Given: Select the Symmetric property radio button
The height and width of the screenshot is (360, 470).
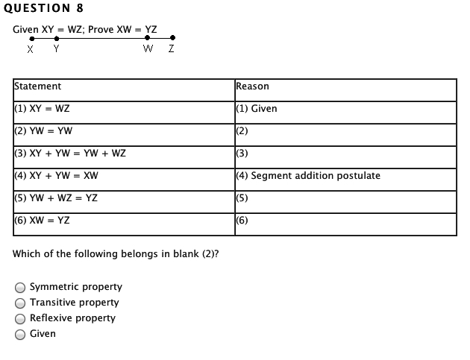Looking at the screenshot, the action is tap(20, 288).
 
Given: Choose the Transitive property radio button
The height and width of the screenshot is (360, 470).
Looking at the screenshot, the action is tap(20, 303).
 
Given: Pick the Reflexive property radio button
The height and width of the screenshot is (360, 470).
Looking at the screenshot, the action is tap(20, 319).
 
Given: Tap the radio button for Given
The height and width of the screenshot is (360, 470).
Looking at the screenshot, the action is tap(20, 334).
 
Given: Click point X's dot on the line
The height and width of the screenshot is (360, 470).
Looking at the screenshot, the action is tap(32, 39).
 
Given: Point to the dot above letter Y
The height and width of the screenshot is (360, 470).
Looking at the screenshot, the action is tap(57, 38).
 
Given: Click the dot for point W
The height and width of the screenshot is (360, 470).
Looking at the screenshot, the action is tap(147, 38).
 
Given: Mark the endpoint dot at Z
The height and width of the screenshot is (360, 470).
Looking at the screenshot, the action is tap(172, 38).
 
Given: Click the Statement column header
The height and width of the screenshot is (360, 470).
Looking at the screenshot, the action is tap(38, 86).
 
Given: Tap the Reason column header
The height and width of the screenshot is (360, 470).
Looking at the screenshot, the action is tap(252, 86).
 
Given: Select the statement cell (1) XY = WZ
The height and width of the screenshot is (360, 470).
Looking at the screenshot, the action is tap(42, 108).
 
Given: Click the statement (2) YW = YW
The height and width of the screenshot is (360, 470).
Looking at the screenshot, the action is tap(43, 131).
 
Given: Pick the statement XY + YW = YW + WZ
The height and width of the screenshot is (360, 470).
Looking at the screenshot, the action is tap(78, 154).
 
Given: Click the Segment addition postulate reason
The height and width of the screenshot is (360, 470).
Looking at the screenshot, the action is tap(316, 175).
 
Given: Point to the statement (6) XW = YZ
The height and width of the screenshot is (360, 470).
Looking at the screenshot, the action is tap(42, 221).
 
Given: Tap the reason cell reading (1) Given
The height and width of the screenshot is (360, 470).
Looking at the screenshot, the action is tap(257, 108).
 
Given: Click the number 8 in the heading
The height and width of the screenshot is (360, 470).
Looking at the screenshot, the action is tap(80, 8).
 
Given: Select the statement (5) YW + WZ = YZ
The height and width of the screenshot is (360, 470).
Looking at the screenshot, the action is tap(56, 198).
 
